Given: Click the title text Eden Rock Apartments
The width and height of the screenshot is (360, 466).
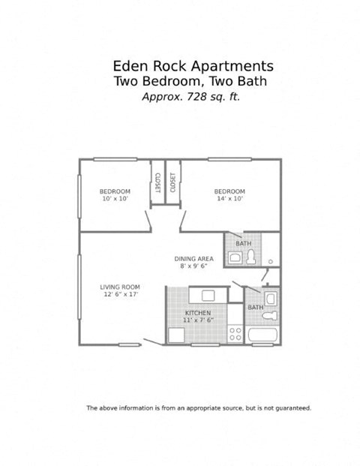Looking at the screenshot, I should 192,66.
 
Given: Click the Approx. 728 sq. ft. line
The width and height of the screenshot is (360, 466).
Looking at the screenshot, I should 191,97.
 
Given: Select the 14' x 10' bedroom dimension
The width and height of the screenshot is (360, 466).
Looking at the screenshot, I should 229,199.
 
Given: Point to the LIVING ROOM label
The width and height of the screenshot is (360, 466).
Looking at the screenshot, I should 120,287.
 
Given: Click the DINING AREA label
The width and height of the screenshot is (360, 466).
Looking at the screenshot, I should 193,258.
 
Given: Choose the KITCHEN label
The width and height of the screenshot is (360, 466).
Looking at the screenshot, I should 197,313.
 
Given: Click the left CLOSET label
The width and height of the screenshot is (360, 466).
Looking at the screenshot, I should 158,182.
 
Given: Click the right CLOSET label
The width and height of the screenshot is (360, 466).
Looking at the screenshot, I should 173,182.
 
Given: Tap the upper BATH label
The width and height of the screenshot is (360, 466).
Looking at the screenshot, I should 243,244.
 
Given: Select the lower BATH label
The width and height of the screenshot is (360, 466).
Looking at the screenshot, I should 255,308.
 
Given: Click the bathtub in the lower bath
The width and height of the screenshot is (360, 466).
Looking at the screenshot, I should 262,335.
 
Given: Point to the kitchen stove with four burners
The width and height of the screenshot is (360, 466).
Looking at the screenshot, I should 235,332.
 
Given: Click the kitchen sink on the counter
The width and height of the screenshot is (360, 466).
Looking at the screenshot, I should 202,294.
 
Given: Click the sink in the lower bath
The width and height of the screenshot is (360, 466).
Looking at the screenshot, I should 271,299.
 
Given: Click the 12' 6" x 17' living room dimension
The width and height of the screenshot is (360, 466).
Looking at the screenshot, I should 120,294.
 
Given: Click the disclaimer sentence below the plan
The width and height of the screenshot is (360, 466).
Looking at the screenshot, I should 199,408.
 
